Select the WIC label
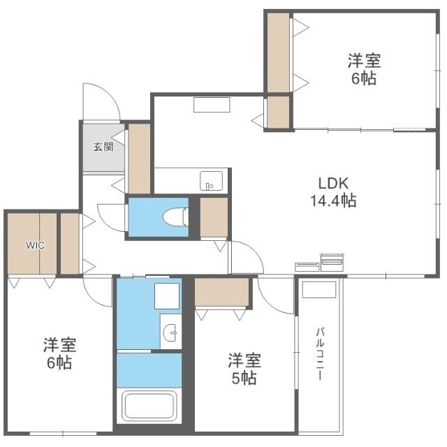coord(36,245)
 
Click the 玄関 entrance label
coord(103,147)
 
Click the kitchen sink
coord(211,180)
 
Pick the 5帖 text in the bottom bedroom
coord(244,379)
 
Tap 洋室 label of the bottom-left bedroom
coord(59,345)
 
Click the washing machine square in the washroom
coord(168,297)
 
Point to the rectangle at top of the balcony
coord(319,290)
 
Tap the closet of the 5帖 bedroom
coord(222,293)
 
